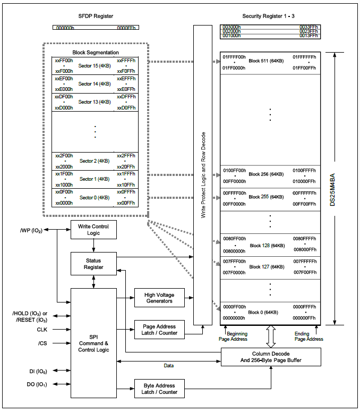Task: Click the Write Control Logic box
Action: pyautogui.click(x=93, y=230)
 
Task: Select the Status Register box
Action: pyautogui.click(x=93, y=264)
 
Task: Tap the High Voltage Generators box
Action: pyautogui.click(x=159, y=298)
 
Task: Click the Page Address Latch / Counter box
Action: pyautogui.click(x=159, y=330)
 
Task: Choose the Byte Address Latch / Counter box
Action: pyautogui.click(x=159, y=389)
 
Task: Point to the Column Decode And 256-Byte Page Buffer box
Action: pyautogui.click(x=271, y=357)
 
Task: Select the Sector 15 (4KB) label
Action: pyautogui.click(x=95, y=66)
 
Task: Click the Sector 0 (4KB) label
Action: pyautogui.click(x=95, y=197)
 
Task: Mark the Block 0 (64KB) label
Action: pyautogui.click(x=264, y=312)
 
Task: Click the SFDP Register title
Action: pyautogui.click(x=96, y=16)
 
